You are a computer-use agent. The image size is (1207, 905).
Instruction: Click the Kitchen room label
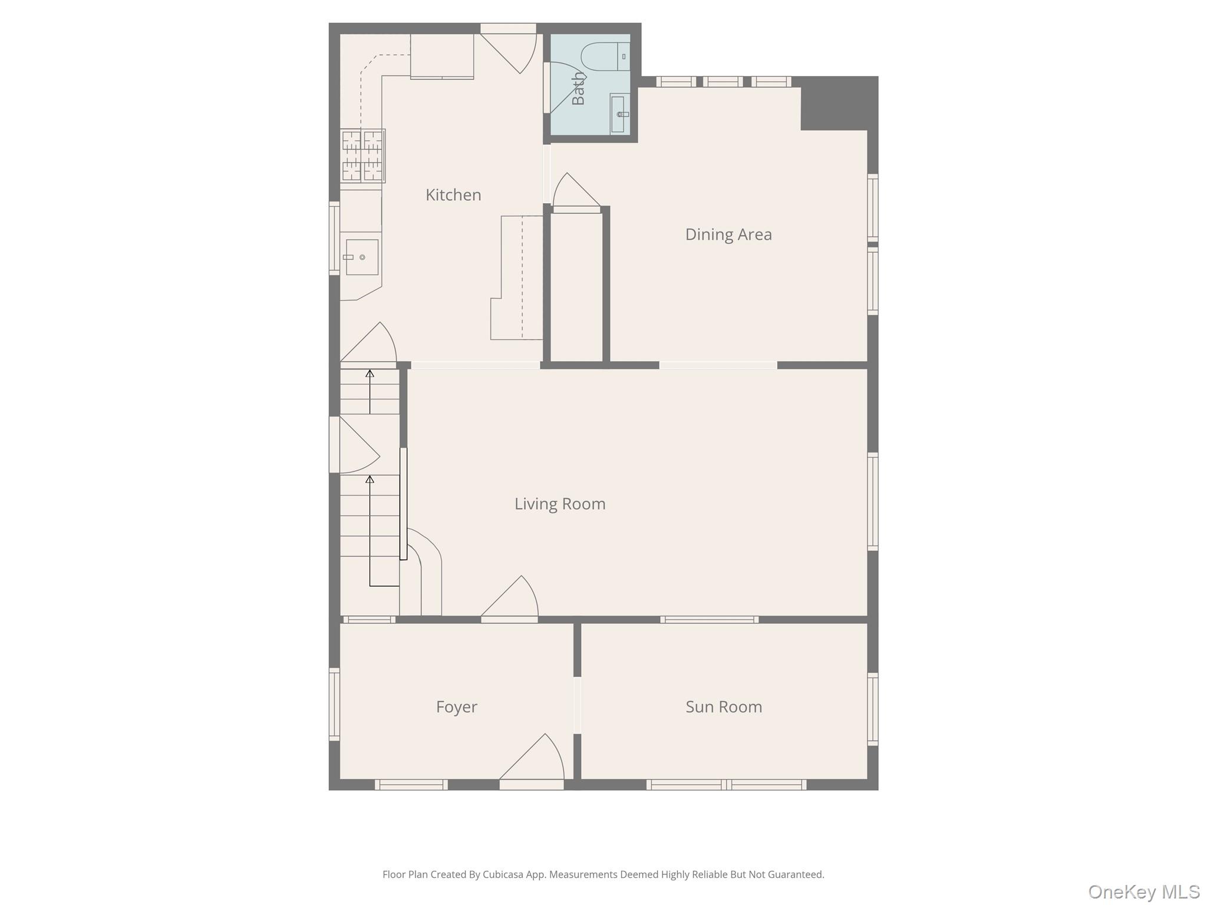[x=453, y=195]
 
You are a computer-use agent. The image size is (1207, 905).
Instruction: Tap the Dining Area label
[x=728, y=234]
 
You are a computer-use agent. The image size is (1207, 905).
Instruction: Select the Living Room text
[x=559, y=504]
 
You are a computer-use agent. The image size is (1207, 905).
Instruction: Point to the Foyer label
[x=456, y=707]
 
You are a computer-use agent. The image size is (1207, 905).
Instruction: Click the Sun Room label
[x=723, y=707]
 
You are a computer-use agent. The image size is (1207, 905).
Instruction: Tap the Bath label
[x=579, y=88]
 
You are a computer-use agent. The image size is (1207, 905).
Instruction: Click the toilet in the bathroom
[x=603, y=57]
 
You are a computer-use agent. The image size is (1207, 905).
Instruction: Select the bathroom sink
[x=618, y=114]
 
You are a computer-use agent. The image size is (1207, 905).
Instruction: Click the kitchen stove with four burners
[x=362, y=156]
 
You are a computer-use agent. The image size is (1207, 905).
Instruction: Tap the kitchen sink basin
[x=361, y=257]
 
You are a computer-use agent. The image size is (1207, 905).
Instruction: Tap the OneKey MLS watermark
[x=1143, y=892]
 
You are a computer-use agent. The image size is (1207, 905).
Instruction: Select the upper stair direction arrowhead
[x=370, y=374]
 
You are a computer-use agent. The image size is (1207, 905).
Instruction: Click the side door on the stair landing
[x=354, y=445]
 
